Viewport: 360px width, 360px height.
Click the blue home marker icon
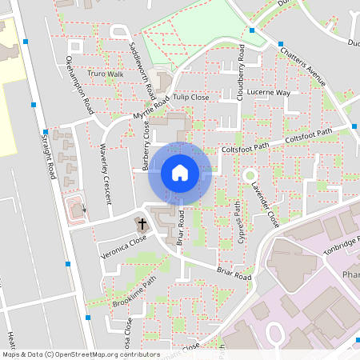click(x=179, y=172)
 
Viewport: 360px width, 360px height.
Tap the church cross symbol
click(x=143, y=224)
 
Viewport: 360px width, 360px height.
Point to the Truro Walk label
click(x=106, y=74)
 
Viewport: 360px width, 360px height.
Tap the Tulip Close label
click(x=190, y=97)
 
